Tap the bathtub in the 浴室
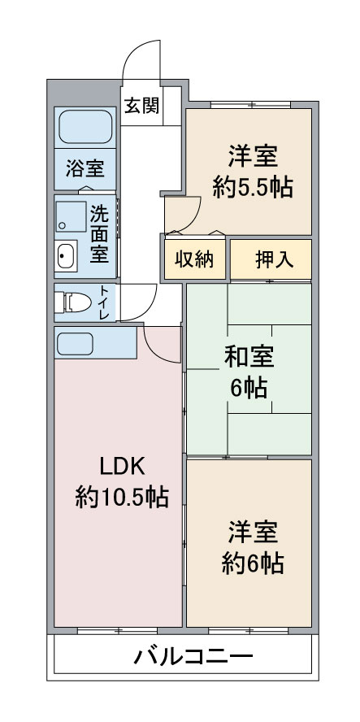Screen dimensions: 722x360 [x=85, y=127]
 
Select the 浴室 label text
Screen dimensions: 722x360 [x=85, y=169]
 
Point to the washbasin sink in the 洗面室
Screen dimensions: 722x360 [x=65, y=259]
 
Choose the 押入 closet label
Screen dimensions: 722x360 [x=270, y=259]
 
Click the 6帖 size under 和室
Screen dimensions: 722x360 [x=248, y=388]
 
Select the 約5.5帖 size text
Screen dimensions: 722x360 [x=253, y=186]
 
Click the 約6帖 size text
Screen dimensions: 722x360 [x=253, y=562]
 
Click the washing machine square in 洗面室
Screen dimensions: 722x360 [x=72, y=216]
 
